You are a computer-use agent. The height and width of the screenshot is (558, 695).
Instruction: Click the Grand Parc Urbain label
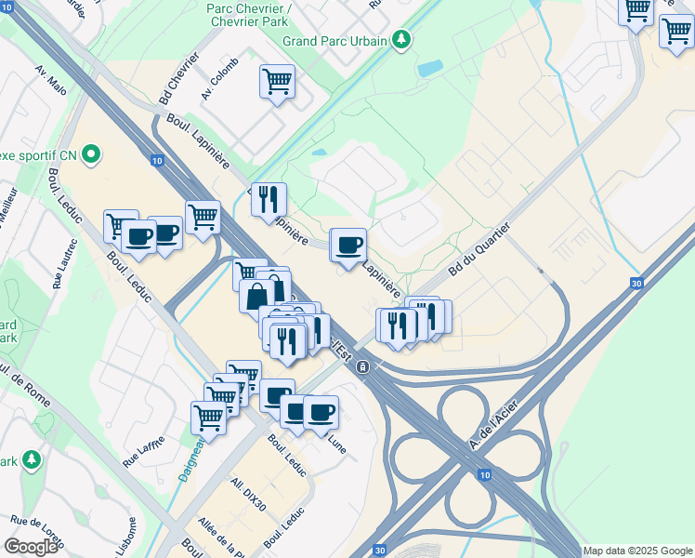334,41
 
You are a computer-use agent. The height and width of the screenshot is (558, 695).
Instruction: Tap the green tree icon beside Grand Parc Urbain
400,40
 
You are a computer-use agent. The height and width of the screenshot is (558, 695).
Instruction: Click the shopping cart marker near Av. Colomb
277,82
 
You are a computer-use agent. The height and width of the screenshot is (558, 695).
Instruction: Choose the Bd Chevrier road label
178,78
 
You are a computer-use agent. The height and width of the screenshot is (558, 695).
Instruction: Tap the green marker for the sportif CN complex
91,154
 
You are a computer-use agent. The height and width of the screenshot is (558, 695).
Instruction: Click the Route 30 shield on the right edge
636,284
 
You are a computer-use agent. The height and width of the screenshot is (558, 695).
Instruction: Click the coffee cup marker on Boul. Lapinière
349,246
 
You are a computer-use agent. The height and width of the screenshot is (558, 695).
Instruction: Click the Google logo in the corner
31,547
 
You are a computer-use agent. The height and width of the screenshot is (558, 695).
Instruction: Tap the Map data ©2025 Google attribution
637,551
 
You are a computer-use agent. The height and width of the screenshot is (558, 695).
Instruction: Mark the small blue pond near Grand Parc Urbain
429,68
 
